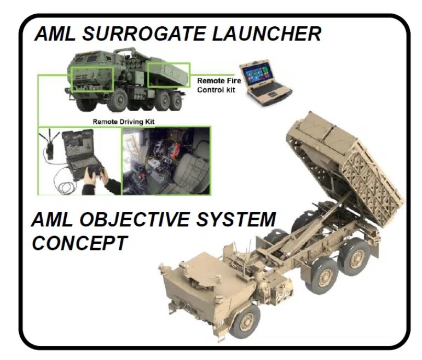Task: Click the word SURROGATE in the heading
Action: pyautogui.click(x=144, y=33)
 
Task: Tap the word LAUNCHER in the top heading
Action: pyautogui.click(x=267, y=33)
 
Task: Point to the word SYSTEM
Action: pyautogui.click(x=236, y=219)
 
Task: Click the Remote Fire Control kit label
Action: pyautogui.click(x=219, y=85)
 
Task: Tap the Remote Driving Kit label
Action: pyautogui.click(x=124, y=122)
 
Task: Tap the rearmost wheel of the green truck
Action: pyautogui.click(x=176, y=100)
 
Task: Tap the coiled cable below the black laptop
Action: pyautogui.click(x=65, y=186)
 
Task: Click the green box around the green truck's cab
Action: pyautogui.click(x=93, y=79)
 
